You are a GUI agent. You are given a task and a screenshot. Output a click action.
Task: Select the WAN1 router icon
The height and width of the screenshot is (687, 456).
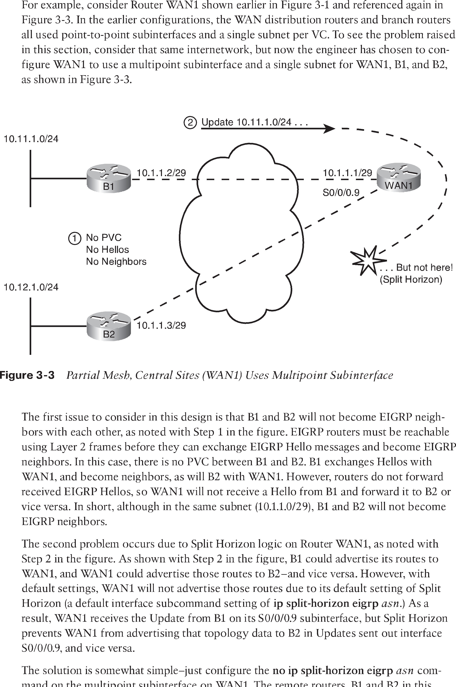point(399,177)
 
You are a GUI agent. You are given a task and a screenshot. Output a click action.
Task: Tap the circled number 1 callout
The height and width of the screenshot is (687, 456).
point(74,238)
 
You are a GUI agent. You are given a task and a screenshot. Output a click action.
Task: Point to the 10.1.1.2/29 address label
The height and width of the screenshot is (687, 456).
point(161,173)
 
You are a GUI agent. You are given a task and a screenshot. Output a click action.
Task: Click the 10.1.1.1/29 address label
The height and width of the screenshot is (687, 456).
point(347,173)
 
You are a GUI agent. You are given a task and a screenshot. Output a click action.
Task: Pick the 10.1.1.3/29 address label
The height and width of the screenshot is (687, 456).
point(161,325)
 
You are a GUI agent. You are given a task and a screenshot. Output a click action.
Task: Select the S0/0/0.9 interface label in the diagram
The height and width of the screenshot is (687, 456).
point(341,192)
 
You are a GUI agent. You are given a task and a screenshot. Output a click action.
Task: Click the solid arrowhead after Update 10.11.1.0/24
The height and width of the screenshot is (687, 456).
point(329,128)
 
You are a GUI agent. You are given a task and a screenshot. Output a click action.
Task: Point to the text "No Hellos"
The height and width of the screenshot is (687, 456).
point(107,250)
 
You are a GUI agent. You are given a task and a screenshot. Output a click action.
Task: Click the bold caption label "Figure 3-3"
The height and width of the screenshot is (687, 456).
point(27,375)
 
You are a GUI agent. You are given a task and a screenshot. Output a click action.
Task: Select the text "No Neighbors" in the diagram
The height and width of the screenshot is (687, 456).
point(116,262)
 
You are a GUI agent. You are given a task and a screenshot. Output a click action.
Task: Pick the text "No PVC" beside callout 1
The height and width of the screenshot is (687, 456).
point(103,238)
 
